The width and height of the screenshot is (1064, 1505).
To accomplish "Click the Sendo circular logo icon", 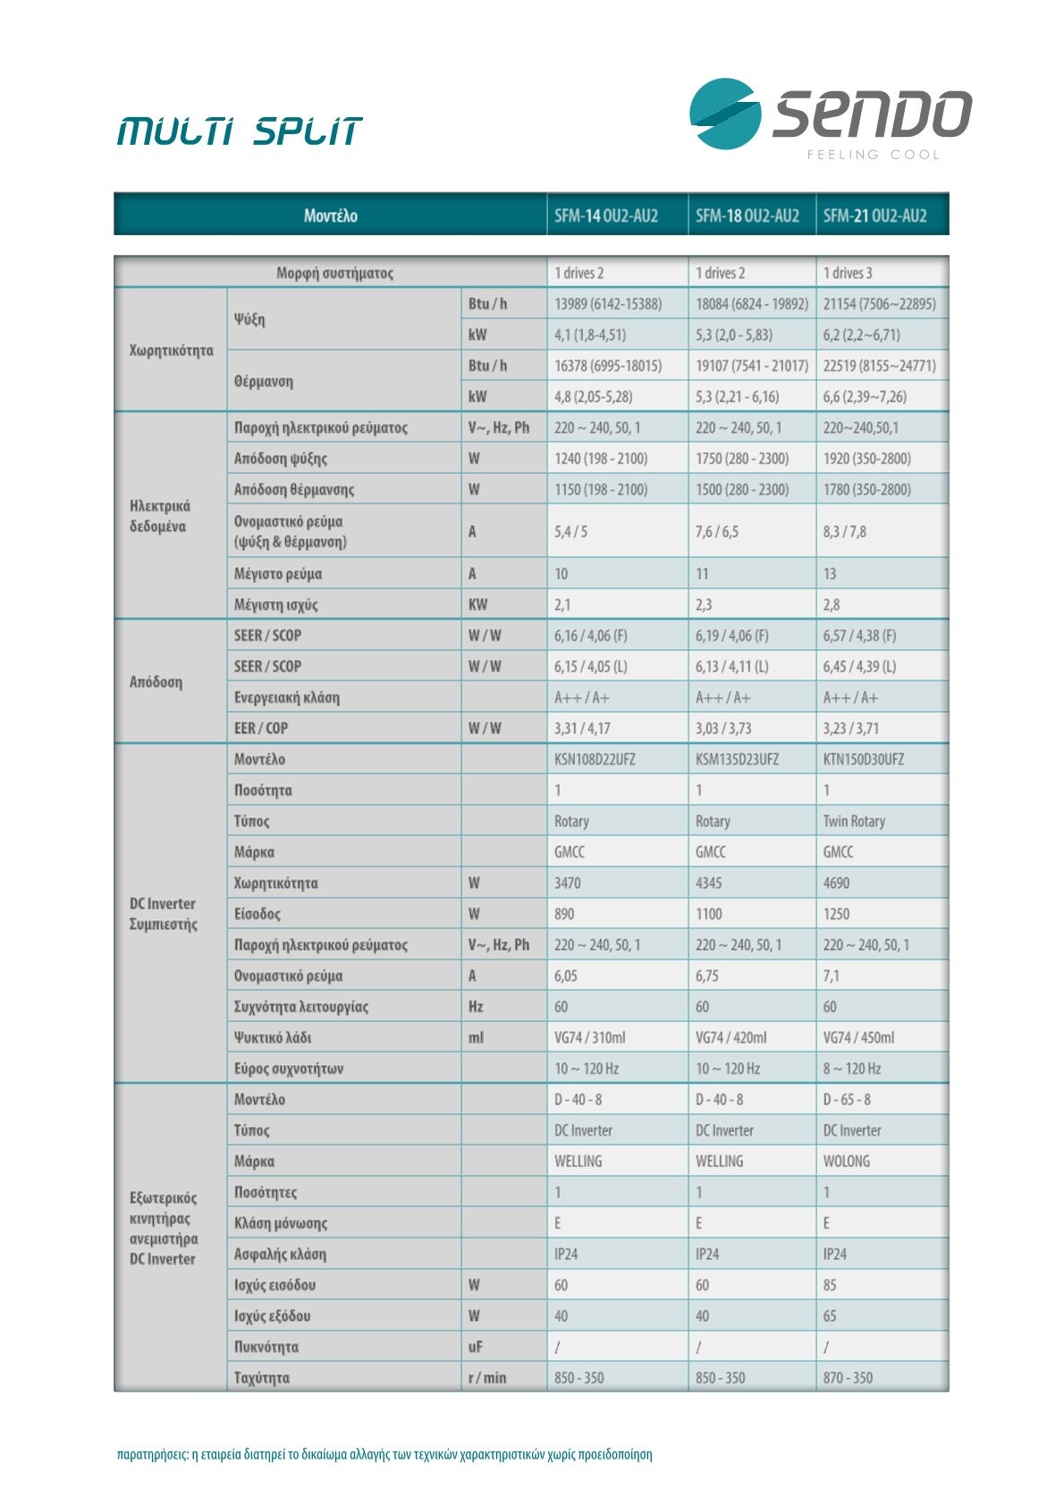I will tap(724, 114).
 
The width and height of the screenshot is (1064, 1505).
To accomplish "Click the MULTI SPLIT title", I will tap(240, 131).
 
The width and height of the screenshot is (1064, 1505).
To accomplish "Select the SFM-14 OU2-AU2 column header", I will tap(606, 216).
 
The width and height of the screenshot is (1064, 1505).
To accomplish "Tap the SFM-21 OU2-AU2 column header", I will tap(874, 216).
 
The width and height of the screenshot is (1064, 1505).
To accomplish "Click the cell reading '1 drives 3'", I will tap(848, 273).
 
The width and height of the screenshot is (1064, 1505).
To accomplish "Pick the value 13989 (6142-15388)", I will tap(608, 304).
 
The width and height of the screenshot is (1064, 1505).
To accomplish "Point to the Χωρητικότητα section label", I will tap(172, 350).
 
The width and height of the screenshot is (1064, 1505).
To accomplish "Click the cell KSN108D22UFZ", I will tap(595, 759).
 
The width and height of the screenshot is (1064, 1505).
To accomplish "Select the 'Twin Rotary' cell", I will tap(854, 821).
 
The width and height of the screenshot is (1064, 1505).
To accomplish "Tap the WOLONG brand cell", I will tap(846, 1161).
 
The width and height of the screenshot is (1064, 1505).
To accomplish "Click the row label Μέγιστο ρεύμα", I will tap(278, 573).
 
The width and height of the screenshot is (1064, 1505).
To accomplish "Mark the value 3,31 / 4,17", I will tap(582, 728).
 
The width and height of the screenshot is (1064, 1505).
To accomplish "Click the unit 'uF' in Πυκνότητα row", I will tap(476, 1347).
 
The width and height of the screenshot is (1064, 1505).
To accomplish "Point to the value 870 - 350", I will tap(848, 1378).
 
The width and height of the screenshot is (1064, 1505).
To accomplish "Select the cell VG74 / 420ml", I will tap(730, 1037).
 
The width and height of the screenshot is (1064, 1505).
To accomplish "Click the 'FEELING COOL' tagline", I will tap(874, 155).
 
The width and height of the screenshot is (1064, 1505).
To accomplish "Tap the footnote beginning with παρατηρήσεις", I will tap(384, 1454).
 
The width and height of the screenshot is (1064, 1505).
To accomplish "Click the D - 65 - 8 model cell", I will tap(847, 1099).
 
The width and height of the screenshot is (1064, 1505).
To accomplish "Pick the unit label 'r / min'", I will tap(486, 1378).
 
